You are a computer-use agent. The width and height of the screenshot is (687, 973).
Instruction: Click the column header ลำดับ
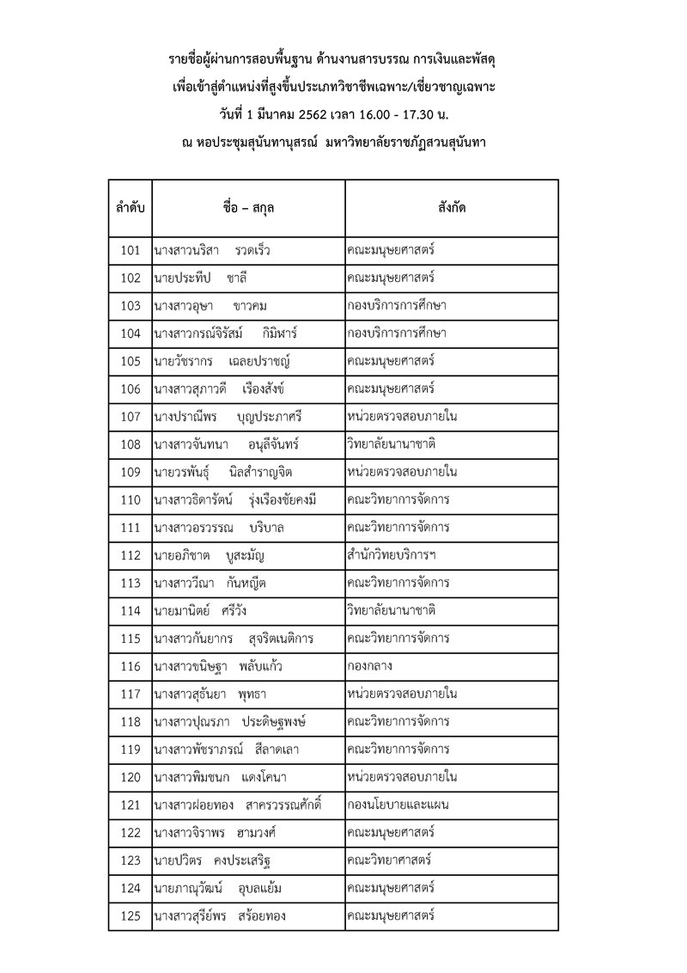[131, 208]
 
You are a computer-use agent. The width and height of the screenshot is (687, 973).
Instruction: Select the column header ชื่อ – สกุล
[248, 208]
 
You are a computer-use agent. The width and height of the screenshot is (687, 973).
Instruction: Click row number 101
[131, 251]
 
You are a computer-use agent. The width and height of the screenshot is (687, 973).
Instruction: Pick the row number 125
[131, 916]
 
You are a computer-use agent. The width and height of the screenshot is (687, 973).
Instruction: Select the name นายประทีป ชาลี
[203, 278]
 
